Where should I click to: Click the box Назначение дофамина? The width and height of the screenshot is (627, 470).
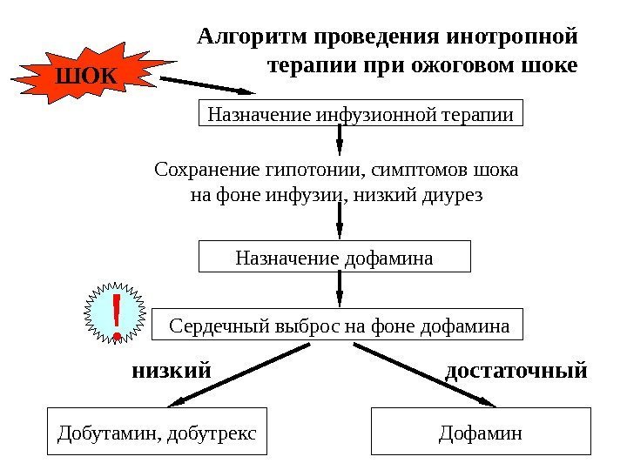[x=334, y=258]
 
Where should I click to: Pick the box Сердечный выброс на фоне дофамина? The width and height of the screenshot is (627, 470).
[x=339, y=326]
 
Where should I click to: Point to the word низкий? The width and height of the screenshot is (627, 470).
[x=172, y=371]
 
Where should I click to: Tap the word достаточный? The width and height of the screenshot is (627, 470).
[x=516, y=371]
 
